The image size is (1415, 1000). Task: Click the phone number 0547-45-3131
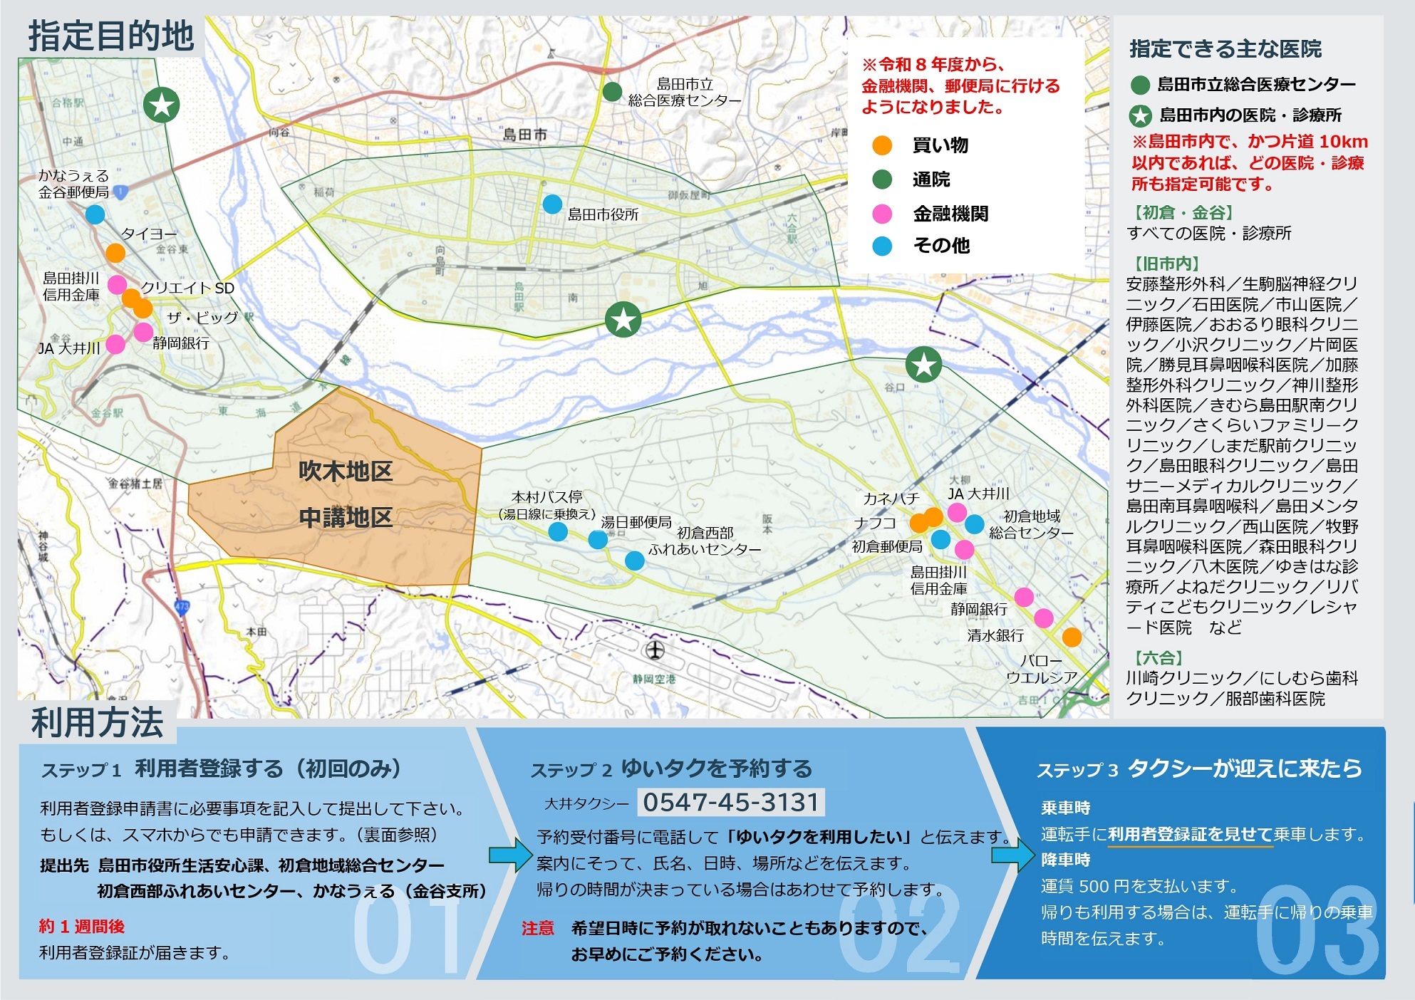click(x=731, y=803)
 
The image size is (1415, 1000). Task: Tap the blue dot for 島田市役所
click(x=552, y=204)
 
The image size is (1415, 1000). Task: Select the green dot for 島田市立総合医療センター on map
click(x=612, y=92)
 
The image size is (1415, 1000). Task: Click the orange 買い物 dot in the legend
click(x=882, y=145)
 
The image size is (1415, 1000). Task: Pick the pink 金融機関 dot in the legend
click(x=882, y=214)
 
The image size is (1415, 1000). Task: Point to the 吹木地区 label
click(x=346, y=472)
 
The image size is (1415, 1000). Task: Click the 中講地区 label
click(x=346, y=518)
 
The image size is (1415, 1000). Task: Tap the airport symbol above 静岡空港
click(x=654, y=650)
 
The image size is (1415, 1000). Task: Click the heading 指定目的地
click(x=111, y=36)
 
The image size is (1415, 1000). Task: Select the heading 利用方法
click(x=98, y=723)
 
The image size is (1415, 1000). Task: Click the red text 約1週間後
click(x=82, y=927)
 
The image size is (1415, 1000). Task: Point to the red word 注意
click(x=538, y=928)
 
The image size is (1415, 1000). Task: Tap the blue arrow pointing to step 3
click(x=1012, y=855)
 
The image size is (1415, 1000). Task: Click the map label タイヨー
click(x=148, y=234)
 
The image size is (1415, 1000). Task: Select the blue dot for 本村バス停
click(x=558, y=532)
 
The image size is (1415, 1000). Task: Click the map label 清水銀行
click(x=995, y=635)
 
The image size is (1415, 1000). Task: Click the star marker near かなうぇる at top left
click(x=162, y=105)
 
